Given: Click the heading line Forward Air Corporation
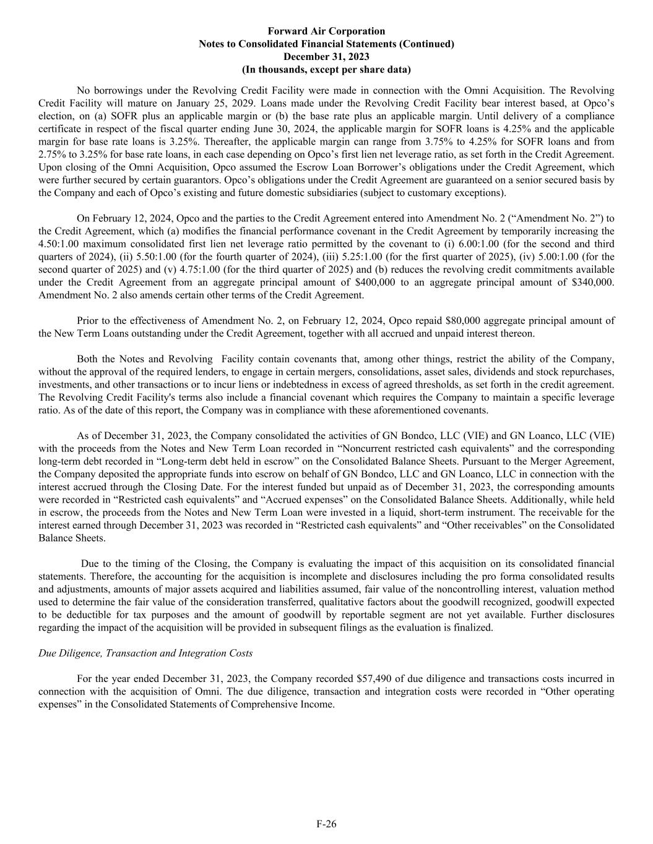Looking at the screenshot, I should pos(326,31).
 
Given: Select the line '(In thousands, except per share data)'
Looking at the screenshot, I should pos(326,69).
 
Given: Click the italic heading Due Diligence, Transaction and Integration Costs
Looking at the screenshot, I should pos(145,653).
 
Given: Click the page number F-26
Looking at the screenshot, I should pos(326,824).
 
